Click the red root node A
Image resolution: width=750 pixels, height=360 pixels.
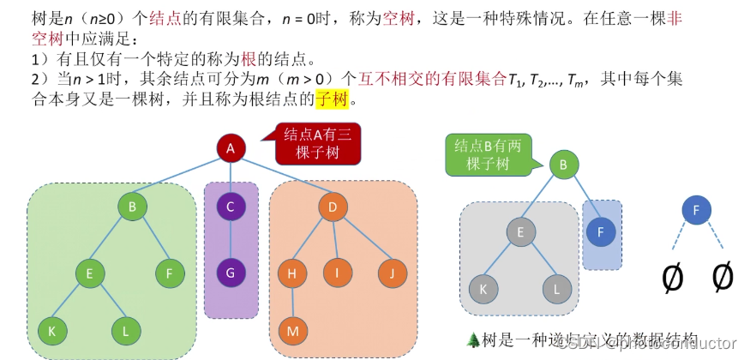pyautogui.click(x=231, y=148)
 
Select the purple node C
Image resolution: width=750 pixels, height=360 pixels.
pyautogui.click(x=231, y=206)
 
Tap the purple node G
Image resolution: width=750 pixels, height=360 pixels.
pyautogui.click(x=231, y=273)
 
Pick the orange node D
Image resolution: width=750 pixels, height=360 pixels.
pyautogui.click(x=332, y=206)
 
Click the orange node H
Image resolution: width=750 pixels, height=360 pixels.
pyautogui.click(x=292, y=273)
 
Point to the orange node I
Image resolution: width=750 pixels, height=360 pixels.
pyautogui.click(x=338, y=273)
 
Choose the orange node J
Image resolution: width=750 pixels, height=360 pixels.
pyautogui.click(x=392, y=273)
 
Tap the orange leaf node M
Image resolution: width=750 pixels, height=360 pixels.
pyautogui.click(x=292, y=330)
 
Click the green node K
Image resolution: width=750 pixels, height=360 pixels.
pyautogui.click(x=52, y=330)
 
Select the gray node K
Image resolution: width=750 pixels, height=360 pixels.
pyautogui.click(x=483, y=289)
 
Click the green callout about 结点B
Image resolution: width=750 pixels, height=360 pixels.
pyautogui.click(x=487, y=154)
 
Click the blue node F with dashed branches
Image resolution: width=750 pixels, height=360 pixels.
pyautogui.click(x=696, y=208)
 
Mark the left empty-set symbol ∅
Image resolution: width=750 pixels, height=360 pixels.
pyautogui.click(x=674, y=276)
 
